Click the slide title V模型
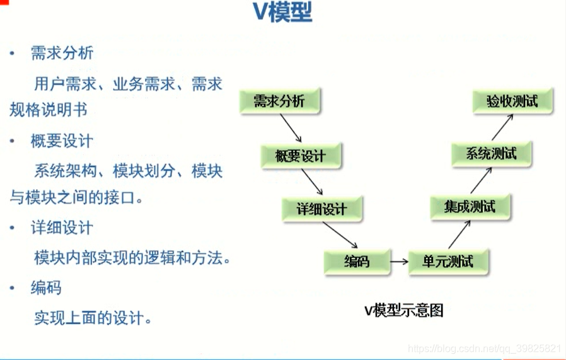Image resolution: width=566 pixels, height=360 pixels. (x=284, y=13)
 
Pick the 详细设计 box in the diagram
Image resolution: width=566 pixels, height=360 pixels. (x=322, y=209)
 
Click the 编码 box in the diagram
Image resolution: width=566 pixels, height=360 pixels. (x=357, y=261)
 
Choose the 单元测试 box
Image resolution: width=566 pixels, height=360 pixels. (x=448, y=261)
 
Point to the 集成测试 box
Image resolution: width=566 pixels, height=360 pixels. (x=470, y=207)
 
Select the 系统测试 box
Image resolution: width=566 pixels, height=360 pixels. (x=492, y=153)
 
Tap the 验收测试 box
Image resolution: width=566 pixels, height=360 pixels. (x=513, y=101)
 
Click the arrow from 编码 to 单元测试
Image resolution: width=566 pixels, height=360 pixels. (x=398, y=261)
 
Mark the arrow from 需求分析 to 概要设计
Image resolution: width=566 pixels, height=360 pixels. (x=291, y=129)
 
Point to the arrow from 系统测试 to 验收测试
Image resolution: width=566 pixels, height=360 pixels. (x=502, y=127)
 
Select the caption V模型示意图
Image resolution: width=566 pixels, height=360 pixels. (x=404, y=310)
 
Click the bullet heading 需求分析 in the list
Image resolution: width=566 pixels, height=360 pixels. (x=62, y=54)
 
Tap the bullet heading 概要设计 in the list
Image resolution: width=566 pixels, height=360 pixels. (x=62, y=141)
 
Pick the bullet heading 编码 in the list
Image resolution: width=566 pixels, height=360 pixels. (x=46, y=287)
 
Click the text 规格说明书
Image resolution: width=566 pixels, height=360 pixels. (x=48, y=110)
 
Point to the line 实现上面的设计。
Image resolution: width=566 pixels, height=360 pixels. (x=93, y=316)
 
